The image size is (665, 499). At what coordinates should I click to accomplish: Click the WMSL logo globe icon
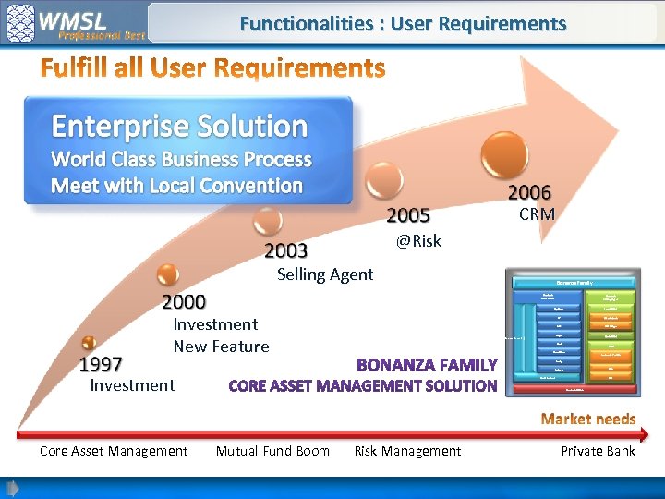tap(21, 22)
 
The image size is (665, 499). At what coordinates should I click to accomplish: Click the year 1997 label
tap(101, 364)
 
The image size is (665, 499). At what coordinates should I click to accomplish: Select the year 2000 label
tap(184, 301)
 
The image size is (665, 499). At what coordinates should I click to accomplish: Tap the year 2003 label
tap(286, 250)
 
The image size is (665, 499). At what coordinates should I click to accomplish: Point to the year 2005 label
tap(408, 215)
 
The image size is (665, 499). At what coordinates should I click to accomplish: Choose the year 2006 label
tap(529, 192)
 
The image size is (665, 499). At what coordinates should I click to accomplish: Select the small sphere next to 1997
tap(89, 343)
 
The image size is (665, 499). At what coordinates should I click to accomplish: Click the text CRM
tap(537, 214)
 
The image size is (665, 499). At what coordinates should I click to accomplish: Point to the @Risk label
tap(418, 241)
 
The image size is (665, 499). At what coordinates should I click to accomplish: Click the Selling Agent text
tap(325, 274)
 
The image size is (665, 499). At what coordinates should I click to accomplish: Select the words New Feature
tap(221, 347)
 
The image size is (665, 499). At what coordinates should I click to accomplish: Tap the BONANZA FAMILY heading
tap(427, 365)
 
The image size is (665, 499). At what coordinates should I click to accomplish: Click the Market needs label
tap(588, 420)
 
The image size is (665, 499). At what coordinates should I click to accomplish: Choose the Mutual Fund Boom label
tap(272, 451)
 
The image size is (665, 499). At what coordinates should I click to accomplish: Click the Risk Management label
tap(407, 451)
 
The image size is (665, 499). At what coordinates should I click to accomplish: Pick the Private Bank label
tap(598, 451)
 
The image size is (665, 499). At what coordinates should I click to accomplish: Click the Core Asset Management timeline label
tap(114, 451)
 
